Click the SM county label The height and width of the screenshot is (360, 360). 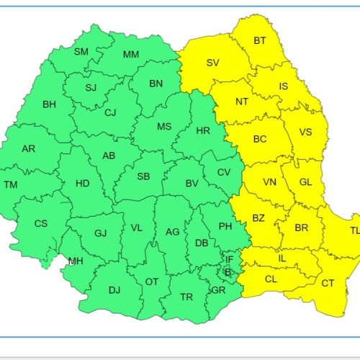[x=81, y=51]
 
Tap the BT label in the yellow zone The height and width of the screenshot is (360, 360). [x=260, y=40]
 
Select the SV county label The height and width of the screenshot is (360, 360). [x=212, y=63]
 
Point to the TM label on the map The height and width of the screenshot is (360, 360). [x=11, y=185]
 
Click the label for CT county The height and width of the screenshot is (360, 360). [x=328, y=283]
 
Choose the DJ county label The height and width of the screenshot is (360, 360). [x=114, y=290]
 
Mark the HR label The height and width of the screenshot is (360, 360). [x=203, y=131]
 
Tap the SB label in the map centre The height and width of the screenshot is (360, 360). [x=143, y=176]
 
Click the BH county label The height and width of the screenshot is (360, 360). [x=49, y=104]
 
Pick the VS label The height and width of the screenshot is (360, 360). [x=305, y=132]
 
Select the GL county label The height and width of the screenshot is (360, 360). [x=305, y=182]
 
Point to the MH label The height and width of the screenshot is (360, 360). [x=75, y=261]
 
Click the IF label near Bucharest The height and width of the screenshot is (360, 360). [x=230, y=259]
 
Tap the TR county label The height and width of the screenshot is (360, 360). [x=186, y=297]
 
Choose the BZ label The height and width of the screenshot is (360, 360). [x=258, y=217]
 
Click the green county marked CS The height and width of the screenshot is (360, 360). [x=41, y=223]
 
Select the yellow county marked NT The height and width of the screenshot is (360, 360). [x=242, y=101]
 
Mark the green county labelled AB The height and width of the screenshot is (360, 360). [x=109, y=156]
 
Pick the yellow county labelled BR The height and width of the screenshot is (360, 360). [x=302, y=226]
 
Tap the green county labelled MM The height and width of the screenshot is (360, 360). [x=131, y=55]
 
